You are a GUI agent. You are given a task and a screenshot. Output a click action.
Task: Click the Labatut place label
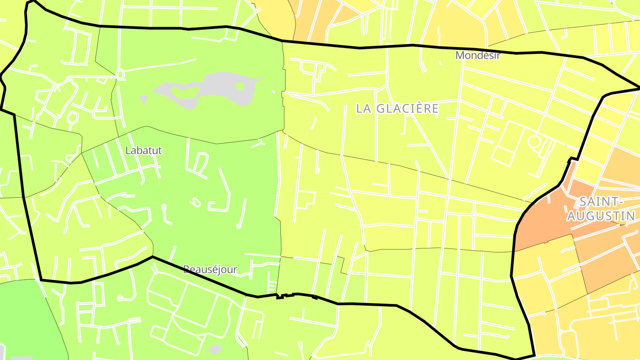(144, 151)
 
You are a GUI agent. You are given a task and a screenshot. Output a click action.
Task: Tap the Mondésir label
(478, 56)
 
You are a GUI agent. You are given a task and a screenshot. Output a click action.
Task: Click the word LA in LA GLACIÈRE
(364, 108)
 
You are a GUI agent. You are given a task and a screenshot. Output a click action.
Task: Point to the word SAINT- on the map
(599, 202)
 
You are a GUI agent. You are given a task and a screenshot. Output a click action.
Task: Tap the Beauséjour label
(210, 269)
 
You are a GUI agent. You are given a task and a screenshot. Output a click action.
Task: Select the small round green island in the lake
(240, 85)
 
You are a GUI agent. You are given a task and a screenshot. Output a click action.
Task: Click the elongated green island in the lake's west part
(185, 93)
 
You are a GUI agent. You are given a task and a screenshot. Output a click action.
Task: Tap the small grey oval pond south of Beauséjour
(215, 349)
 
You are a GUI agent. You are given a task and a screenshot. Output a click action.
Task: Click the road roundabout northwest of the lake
(120, 74)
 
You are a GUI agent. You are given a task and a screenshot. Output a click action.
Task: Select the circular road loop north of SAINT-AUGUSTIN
(535, 142)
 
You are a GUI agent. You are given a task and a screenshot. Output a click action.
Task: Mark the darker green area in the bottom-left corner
(27, 320)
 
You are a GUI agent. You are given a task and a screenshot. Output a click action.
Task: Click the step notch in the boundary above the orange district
(574, 159)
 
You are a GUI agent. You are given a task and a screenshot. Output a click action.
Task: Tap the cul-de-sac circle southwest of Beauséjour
(132, 297)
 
